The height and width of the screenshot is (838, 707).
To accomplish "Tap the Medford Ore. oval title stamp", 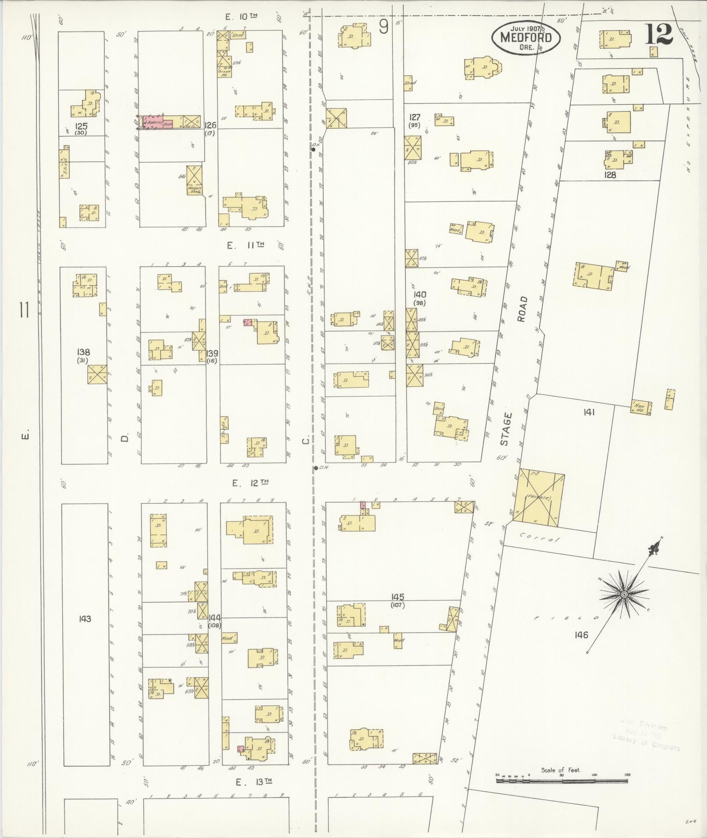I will click(526, 38).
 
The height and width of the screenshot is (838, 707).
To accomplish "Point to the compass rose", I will click(623, 594).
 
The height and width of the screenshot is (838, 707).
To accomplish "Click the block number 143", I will click(85, 619).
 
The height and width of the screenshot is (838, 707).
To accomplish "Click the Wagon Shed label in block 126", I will click(194, 190).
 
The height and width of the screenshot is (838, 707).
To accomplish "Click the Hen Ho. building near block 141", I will click(641, 407).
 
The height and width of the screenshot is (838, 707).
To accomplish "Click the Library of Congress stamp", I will click(647, 737).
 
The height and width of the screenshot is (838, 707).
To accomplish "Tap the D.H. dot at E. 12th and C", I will click(316, 468).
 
